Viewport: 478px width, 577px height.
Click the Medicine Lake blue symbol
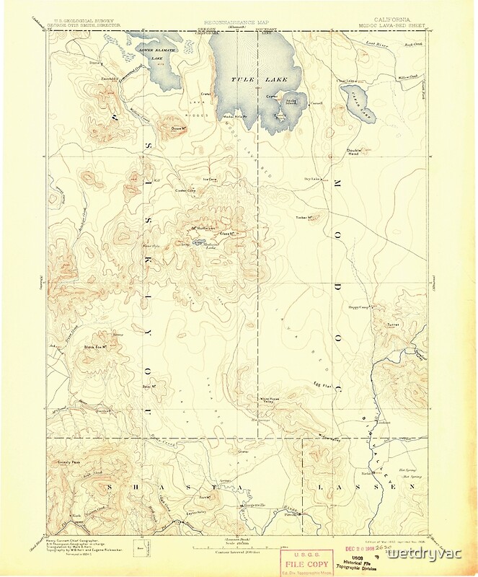click(x=199, y=242)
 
